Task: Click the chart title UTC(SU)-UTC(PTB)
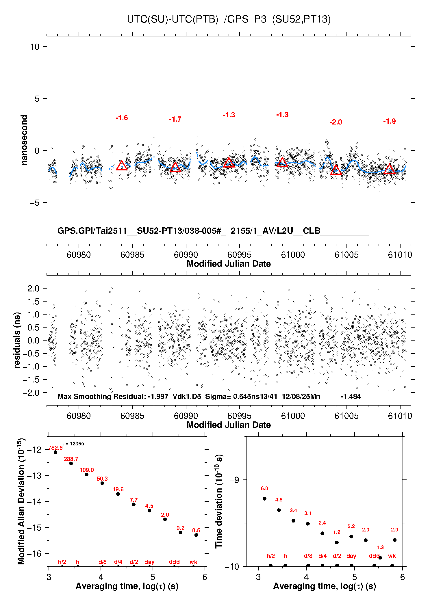(x=173, y=19)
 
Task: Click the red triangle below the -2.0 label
(x=336, y=170)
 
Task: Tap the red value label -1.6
(x=122, y=118)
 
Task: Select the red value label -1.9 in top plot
(x=389, y=121)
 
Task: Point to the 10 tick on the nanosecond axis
(x=35, y=47)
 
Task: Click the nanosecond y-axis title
(x=24, y=140)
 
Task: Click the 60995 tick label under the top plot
(x=239, y=255)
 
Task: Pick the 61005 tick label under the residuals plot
(x=346, y=416)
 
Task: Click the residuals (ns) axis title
(x=17, y=340)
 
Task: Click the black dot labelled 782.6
(x=55, y=452)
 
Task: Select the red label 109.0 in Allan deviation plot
(x=87, y=470)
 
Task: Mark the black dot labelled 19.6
(x=118, y=494)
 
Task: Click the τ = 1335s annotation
(x=73, y=444)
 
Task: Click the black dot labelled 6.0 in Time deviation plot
(x=264, y=499)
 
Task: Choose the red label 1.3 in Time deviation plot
(x=380, y=547)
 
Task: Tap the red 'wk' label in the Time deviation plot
(x=392, y=556)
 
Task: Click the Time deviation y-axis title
(x=219, y=501)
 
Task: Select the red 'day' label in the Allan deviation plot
(x=149, y=562)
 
